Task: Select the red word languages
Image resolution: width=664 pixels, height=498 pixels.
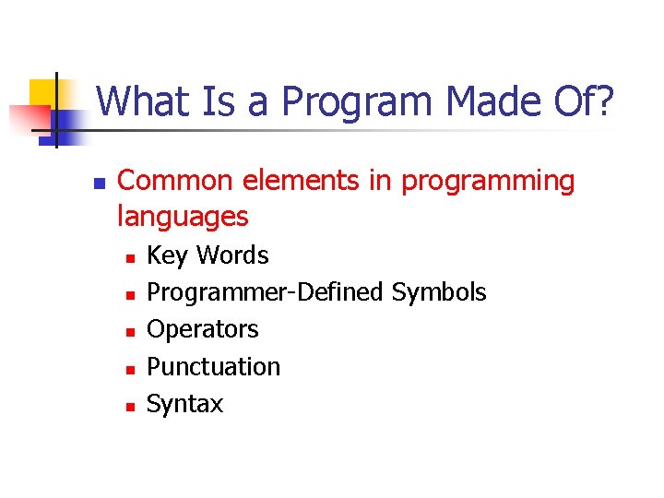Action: click(x=183, y=218)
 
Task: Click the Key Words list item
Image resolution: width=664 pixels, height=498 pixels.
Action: click(x=207, y=255)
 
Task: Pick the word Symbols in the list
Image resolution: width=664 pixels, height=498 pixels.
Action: click(x=439, y=293)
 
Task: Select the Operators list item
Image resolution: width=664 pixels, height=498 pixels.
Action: click(x=203, y=329)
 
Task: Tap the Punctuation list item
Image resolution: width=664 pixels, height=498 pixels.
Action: click(x=213, y=366)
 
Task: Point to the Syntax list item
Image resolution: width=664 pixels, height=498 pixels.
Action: click(x=184, y=404)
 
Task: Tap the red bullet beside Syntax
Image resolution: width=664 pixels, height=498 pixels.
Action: click(x=130, y=406)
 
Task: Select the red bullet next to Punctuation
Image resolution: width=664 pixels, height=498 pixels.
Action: click(x=130, y=369)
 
